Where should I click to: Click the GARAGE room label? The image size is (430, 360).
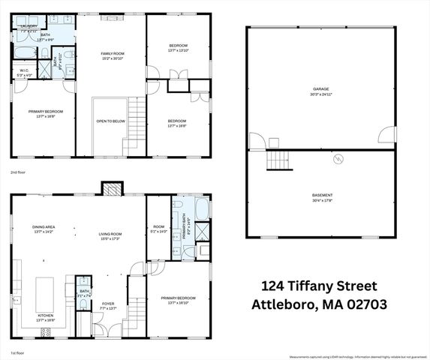320,89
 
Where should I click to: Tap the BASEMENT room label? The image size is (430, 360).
322,196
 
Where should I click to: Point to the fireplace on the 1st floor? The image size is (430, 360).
110,190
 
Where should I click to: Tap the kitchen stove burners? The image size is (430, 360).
45,330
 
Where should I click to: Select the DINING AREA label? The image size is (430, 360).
44,226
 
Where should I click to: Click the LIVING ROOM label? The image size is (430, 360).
110,234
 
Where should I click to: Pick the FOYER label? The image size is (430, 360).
109,303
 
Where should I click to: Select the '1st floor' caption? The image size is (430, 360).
17,352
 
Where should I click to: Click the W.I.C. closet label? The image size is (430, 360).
24,73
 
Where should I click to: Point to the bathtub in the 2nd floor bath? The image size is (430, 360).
24,52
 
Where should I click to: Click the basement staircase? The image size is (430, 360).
279,160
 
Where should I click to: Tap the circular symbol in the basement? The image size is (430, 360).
339,159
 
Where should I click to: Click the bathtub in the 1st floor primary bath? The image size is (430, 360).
202,208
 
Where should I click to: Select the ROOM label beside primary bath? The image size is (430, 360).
158,226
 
